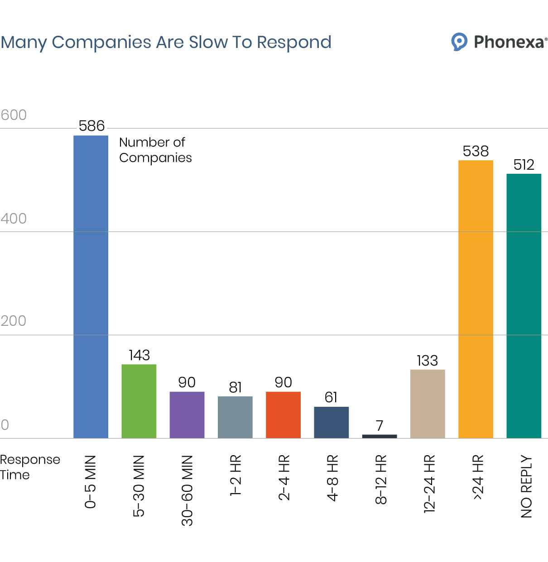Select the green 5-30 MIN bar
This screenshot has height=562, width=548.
[139, 401]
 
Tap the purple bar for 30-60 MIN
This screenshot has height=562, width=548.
[187, 414]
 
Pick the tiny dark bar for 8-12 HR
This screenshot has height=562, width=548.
[379, 436]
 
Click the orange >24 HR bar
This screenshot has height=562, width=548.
[476, 299]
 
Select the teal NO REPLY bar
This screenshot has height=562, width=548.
[524, 305]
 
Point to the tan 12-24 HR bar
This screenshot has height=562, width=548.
[428, 404]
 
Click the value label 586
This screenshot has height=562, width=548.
[91, 126]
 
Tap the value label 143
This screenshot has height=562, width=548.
[139, 355]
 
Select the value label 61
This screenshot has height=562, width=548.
[331, 397]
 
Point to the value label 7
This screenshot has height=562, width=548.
[380, 426]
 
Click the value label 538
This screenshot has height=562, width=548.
[476, 151]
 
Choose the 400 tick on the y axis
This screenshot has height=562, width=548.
[14, 219]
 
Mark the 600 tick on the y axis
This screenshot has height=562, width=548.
[14, 115]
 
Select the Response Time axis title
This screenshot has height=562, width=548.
[29, 467]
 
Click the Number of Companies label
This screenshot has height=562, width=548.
[155, 150]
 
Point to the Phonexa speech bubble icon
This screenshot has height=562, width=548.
[459, 42]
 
